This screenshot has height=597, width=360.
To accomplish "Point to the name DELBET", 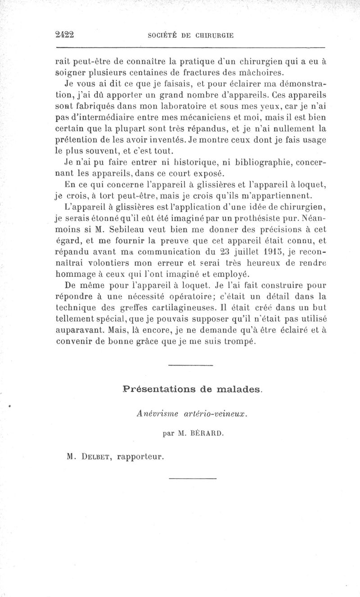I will click(96, 457).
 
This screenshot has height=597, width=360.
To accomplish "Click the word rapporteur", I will click(140, 457).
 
